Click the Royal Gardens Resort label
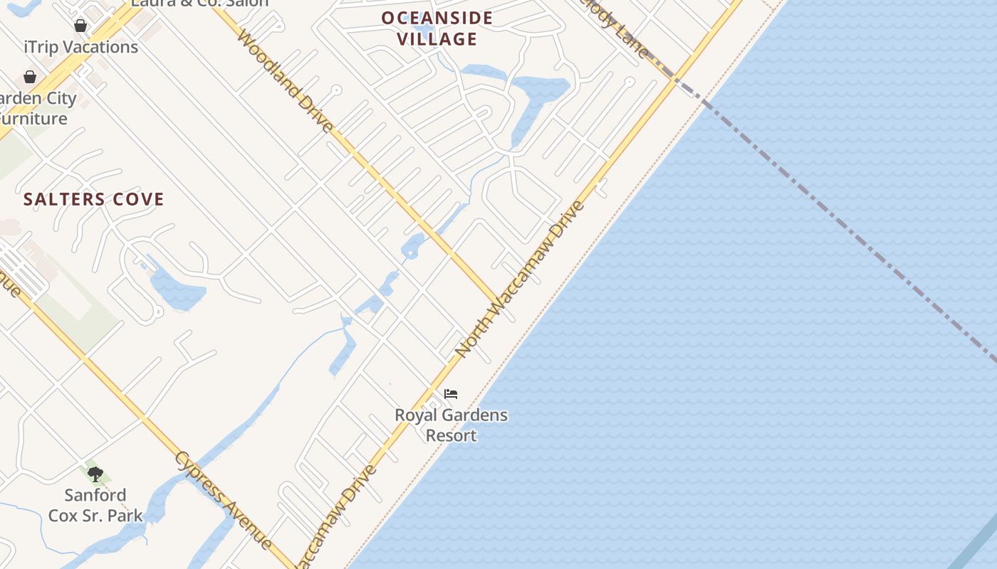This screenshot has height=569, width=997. [451, 425]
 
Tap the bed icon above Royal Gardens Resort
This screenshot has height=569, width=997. [451, 394]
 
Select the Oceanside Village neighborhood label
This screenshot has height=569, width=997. [437, 28]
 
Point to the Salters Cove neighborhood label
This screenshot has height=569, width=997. [94, 199]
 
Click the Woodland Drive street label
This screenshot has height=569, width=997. [285, 80]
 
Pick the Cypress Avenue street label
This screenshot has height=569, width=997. [223, 500]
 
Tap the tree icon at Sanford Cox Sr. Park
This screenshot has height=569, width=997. [95, 474]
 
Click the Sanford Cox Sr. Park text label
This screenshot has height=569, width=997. [95, 505]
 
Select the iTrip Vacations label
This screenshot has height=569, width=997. [81, 47]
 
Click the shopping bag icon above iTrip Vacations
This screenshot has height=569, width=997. [80, 26]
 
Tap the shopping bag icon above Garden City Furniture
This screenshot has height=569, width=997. [30, 76]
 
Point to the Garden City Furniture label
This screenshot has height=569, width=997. [37, 108]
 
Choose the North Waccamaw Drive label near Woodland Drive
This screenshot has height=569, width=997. [520, 279]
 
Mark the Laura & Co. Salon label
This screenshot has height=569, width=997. [199, 3]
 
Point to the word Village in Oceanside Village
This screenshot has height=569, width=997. [437, 39]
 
